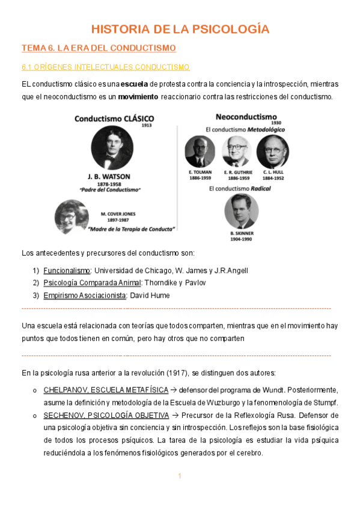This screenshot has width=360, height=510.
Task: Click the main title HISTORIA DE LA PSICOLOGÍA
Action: [x=180, y=29]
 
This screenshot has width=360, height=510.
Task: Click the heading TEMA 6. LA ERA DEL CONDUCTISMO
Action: [x=99, y=48]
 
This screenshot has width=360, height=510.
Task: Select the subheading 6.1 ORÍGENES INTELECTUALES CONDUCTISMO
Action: [x=105, y=67]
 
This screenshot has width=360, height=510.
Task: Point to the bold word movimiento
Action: [x=138, y=96]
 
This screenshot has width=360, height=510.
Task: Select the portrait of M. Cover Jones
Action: [x=72, y=214]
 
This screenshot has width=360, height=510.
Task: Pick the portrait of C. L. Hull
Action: [x=272, y=150]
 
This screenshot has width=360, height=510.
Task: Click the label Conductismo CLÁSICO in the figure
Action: [x=114, y=118]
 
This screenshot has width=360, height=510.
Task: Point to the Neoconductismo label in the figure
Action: [x=245, y=116]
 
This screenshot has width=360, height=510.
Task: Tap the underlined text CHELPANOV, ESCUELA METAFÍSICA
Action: [x=106, y=390]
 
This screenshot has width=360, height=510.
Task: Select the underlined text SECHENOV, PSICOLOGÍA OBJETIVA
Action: [x=106, y=415]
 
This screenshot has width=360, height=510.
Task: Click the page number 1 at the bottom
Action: [x=179, y=476]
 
